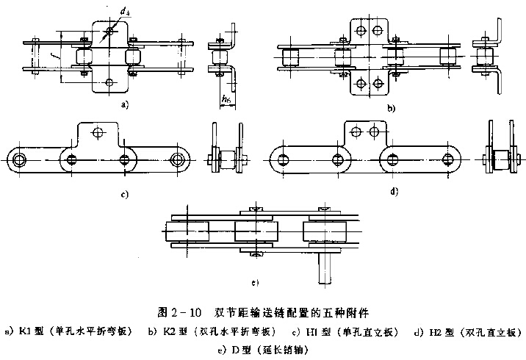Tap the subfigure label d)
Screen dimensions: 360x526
(394, 192)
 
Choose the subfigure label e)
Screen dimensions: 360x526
(255, 281)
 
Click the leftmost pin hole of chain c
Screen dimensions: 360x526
(18, 159)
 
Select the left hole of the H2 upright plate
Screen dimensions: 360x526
(356, 132)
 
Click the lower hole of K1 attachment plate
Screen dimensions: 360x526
(108, 82)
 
